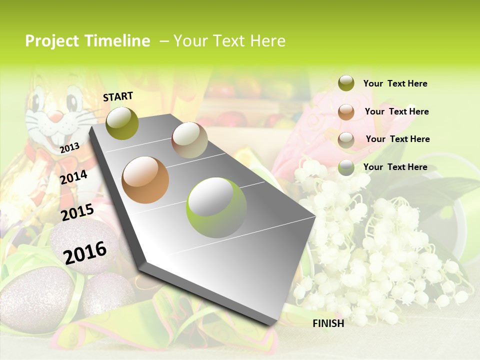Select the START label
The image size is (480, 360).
118,96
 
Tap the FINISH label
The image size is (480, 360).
328,323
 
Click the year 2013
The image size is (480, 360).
70,147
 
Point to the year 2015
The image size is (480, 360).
77,212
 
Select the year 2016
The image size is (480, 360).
85,252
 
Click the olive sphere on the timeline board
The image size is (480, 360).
122,123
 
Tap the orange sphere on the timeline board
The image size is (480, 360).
145,180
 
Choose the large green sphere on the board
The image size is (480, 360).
216,207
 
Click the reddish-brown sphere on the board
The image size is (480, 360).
189,140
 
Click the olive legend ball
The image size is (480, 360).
346,83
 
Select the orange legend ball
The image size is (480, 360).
346,112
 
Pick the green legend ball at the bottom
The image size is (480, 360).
346,168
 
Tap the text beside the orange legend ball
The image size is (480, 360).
396,111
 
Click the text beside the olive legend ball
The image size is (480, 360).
395,83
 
